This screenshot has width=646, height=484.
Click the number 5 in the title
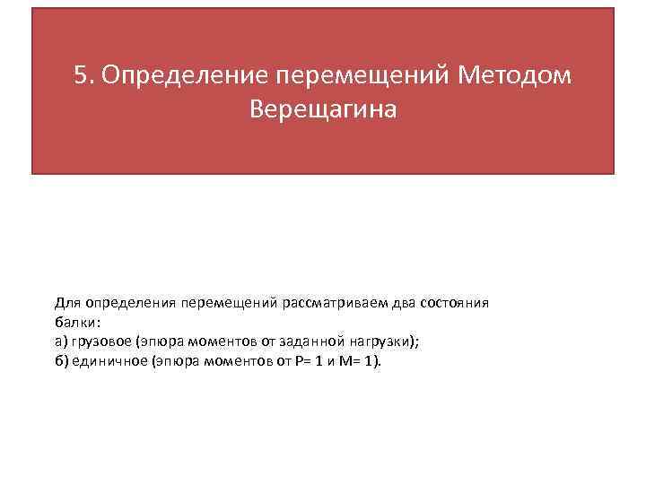81,76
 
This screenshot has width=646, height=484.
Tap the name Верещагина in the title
323,110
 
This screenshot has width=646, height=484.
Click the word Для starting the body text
67,303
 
